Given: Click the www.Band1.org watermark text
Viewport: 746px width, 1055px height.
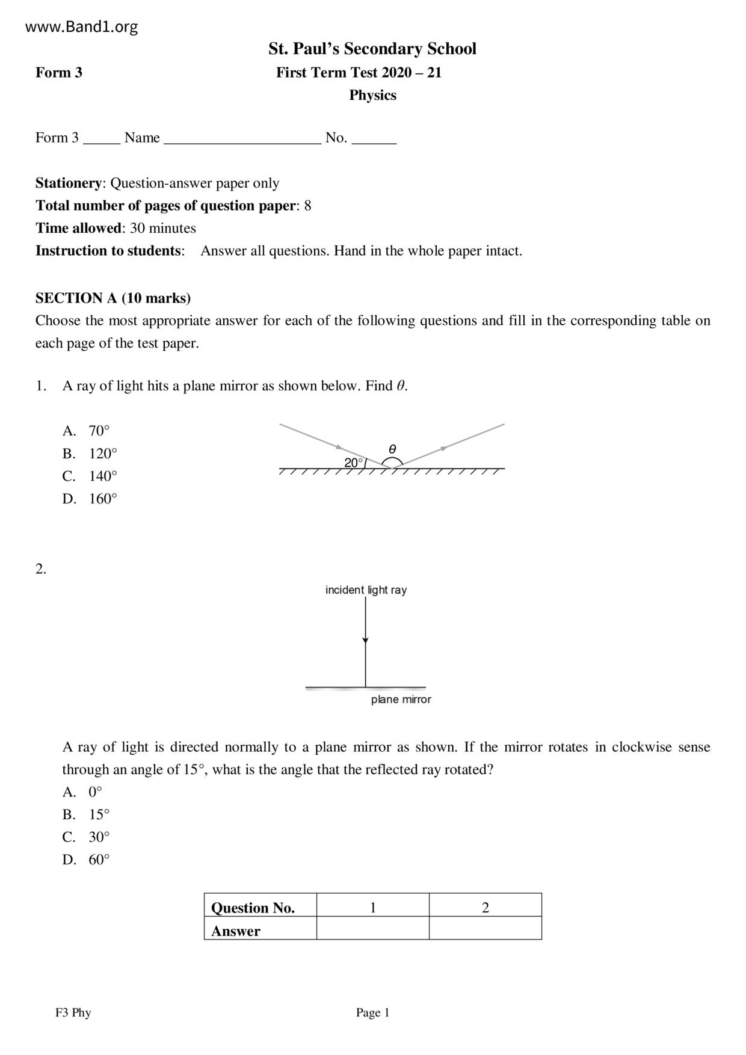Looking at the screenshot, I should click(82, 27).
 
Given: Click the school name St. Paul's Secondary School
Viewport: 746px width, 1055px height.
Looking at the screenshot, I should click(372, 49).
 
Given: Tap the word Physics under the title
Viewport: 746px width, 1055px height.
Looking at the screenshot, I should click(372, 95).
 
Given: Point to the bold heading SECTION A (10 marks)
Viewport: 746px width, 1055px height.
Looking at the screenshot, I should click(113, 298).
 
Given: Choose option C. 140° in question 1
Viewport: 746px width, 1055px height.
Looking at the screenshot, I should click(90, 476).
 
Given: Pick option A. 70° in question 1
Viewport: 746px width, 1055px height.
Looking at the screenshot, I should click(87, 431).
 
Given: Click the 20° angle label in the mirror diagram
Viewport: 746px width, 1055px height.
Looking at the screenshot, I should click(354, 463).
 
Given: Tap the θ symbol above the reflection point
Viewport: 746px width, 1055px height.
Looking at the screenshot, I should click(392, 449).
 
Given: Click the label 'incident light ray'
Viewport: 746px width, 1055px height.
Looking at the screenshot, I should click(366, 590).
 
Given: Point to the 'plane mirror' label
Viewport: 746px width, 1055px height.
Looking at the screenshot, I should click(401, 700).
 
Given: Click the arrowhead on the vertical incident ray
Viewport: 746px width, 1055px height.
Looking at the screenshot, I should click(365, 641).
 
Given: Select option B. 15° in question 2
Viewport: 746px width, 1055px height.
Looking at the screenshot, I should click(87, 814).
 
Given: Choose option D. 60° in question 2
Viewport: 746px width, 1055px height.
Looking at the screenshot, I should click(87, 860).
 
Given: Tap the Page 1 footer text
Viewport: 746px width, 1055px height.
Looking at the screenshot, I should click(372, 1013).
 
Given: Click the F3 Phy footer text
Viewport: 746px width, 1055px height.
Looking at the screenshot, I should click(73, 1013).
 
